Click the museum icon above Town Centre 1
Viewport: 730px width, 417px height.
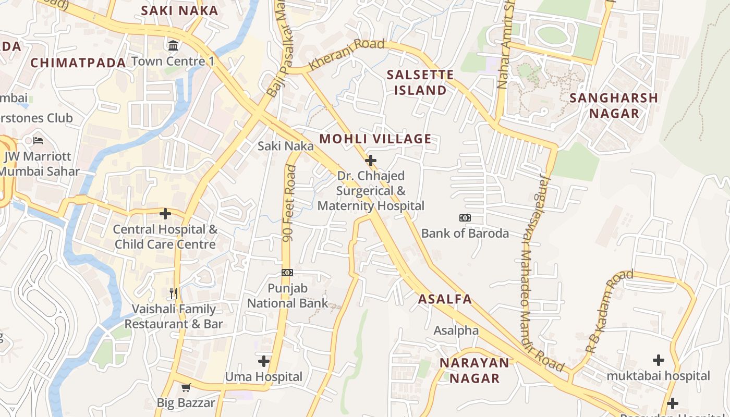coord(173,46)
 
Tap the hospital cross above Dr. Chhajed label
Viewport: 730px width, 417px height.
coord(371,160)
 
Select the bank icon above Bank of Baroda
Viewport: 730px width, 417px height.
coord(465,217)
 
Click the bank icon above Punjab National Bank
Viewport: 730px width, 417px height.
coord(287,273)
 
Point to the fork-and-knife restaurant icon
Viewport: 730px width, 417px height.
coord(174,293)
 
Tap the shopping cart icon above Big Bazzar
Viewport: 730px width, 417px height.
coord(186,387)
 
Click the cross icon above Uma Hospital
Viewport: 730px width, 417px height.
coord(264,361)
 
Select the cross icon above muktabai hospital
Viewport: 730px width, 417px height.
coord(659,360)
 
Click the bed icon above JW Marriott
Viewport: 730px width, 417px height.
coord(38,140)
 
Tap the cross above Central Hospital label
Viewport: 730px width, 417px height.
coord(165,214)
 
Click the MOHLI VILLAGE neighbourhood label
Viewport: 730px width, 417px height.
coord(375,139)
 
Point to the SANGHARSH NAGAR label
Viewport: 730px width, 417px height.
coord(613,105)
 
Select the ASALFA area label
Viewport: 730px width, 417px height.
coord(445,299)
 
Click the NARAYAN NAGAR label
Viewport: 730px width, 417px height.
coord(474,370)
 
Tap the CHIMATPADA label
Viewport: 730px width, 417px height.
coord(78,63)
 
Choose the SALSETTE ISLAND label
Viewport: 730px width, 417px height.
coord(420,82)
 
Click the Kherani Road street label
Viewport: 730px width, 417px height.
coord(346,54)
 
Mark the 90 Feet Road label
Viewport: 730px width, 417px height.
coord(289,203)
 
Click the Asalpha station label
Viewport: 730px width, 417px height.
coord(456,330)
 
